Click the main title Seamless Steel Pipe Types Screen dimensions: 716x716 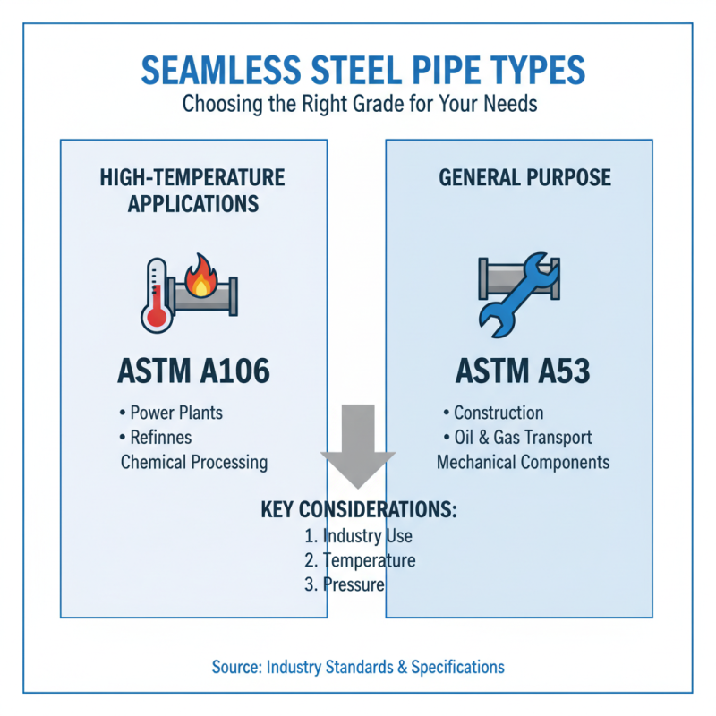pos(358,71)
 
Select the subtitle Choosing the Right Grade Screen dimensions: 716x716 pos(358,104)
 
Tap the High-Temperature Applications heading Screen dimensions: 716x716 pos(192,190)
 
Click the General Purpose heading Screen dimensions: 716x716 pos(524,177)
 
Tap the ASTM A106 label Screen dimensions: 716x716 pos(193,371)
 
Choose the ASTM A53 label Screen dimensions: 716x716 pos(524,371)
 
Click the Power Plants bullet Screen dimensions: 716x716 pos(175,413)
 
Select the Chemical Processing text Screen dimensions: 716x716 pos(193,462)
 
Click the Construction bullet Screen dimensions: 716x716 pos(498,413)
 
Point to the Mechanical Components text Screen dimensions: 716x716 pos(523,462)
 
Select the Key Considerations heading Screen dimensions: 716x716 pos(359,510)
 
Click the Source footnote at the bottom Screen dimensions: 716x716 pos(358,667)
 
